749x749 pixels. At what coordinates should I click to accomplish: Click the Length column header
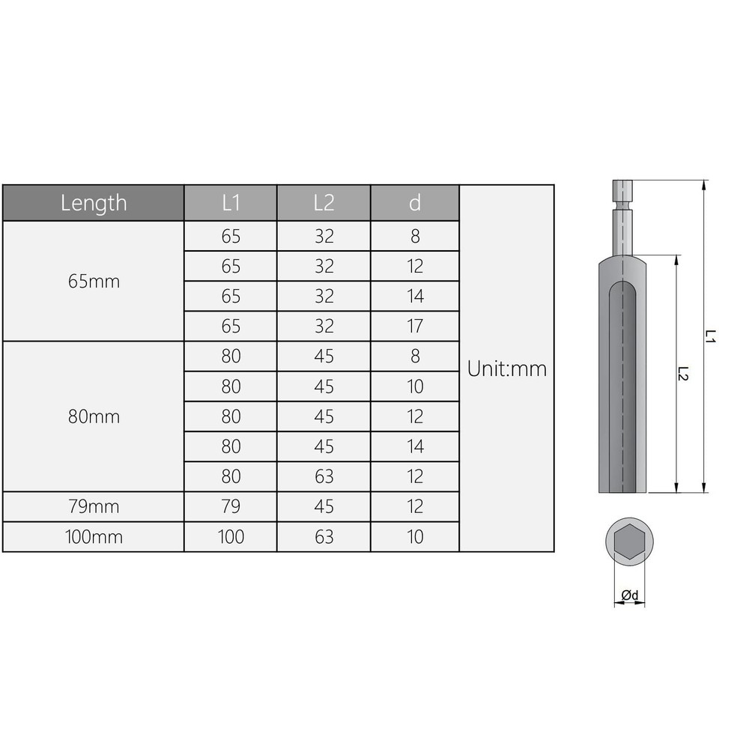point(94,203)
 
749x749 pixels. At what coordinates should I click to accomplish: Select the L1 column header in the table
point(231,203)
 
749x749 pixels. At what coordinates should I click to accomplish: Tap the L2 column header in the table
point(324,203)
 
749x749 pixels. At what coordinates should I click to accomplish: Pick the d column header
point(415,203)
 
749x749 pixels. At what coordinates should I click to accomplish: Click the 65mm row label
point(94,282)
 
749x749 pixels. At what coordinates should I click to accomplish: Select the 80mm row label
point(94,416)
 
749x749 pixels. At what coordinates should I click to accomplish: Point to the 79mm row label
point(94,507)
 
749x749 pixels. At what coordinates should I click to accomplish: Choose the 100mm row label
point(94,537)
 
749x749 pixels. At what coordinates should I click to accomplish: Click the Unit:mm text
point(507,369)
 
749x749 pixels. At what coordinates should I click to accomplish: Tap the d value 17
point(415,327)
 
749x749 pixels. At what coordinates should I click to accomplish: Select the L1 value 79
point(231,507)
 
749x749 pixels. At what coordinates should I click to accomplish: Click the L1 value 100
point(231,537)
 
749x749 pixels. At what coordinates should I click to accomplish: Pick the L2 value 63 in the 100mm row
point(324,537)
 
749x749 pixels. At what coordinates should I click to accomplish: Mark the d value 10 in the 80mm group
point(415,386)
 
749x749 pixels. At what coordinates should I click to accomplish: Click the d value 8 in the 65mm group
point(415,237)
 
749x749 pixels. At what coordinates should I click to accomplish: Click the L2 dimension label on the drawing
point(683,374)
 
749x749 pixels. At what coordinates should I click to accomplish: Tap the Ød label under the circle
point(629,595)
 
